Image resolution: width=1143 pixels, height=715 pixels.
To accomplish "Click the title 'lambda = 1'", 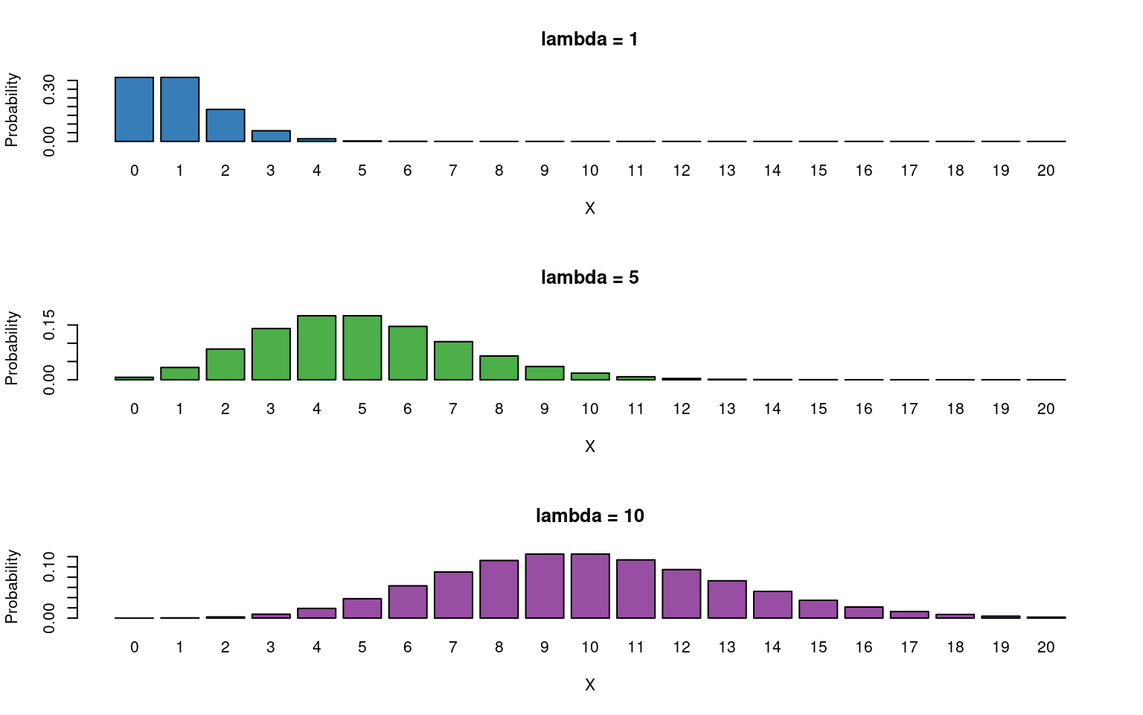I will point(589,39).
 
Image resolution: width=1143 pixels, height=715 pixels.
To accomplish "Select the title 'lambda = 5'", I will point(589,278).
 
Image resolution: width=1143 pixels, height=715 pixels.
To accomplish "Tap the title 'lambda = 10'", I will point(589,516).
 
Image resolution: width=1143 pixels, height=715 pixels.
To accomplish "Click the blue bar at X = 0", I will point(134,109).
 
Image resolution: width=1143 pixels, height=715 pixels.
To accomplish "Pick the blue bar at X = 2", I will point(225,125).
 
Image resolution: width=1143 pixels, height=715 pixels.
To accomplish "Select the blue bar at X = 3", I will point(271,136).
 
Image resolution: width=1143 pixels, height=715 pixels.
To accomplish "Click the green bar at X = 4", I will point(316,348).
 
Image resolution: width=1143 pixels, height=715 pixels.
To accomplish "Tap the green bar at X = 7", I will point(453,360).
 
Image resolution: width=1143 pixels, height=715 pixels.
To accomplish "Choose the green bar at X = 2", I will point(225,364).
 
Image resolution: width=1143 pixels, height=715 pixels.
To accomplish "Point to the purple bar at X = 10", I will point(590,586).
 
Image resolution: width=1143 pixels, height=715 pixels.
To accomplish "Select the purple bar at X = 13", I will point(727,600).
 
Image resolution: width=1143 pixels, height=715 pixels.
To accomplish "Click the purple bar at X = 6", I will point(408,602).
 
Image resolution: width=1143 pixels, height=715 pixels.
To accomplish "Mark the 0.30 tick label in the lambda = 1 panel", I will point(50,89).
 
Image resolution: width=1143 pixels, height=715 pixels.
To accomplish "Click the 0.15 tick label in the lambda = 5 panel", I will point(50,325).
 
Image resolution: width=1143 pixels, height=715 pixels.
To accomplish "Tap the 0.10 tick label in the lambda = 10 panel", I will point(50,568).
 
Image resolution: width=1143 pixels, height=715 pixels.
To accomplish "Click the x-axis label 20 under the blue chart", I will point(1046,171).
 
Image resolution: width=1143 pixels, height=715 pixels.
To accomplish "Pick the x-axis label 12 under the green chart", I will point(682,409).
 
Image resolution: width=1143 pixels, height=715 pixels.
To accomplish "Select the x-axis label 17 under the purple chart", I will point(909,647).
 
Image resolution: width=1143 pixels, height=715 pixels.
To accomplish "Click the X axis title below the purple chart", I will point(589,685).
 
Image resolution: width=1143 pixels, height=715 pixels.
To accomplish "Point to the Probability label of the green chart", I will point(11,348).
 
